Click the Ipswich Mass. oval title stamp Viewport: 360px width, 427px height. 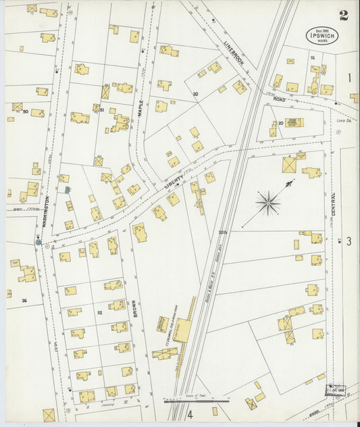coord(324,35)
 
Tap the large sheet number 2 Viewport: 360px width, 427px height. coord(344,15)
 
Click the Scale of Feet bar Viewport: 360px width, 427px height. coord(196,400)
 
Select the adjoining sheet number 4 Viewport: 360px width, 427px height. coord(190,414)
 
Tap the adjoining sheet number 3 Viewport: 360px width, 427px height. coord(349,241)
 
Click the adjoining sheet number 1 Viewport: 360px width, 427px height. coord(349,78)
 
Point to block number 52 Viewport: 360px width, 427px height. coord(99,312)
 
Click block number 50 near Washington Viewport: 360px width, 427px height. coord(25,111)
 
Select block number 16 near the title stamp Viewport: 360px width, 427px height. coord(312,58)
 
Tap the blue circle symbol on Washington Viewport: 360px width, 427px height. coord(38,241)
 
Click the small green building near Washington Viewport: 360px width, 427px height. coord(68,190)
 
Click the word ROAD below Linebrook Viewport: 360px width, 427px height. coord(280,99)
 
